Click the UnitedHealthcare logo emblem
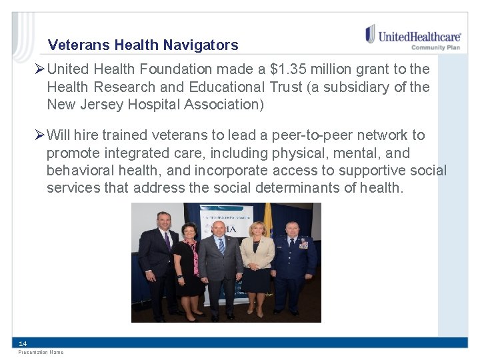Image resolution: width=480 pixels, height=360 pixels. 370,34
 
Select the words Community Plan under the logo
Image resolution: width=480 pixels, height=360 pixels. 435,47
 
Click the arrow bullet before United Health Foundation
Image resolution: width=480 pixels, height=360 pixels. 41,69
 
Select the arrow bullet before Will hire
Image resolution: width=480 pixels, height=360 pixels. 41,135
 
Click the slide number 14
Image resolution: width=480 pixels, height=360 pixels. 23,343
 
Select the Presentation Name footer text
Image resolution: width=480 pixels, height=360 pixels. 41,352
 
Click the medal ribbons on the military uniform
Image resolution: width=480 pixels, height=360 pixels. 303,245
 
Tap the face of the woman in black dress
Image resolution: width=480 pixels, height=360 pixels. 189,231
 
